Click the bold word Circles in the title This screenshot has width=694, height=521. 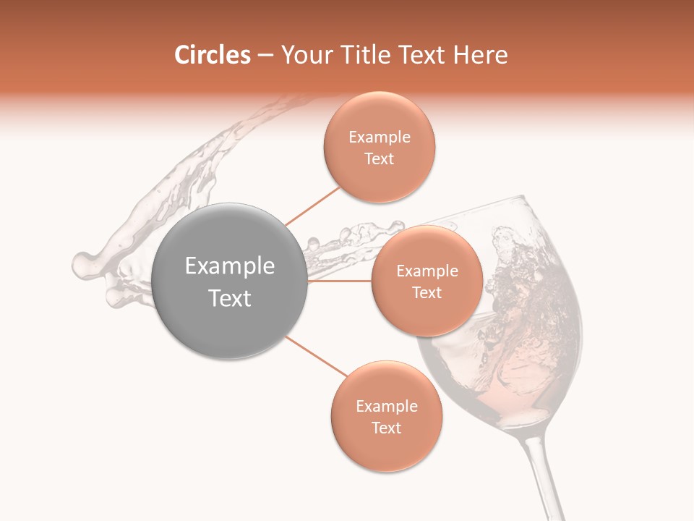[x=212, y=55]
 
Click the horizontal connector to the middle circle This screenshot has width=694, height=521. [x=340, y=281]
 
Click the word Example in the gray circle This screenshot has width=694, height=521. [x=230, y=266]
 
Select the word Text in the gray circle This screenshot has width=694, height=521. [x=230, y=298]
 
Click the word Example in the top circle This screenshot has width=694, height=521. [x=380, y=137]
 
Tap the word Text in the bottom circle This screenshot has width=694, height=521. [x=386, y=428]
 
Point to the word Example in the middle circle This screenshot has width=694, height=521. [x=427, y=271]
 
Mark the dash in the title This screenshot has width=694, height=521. [x=265, y=56]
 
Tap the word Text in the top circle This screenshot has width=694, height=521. [x=380, y=159]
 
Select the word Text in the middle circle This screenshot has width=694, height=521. [x=427, y=293]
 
